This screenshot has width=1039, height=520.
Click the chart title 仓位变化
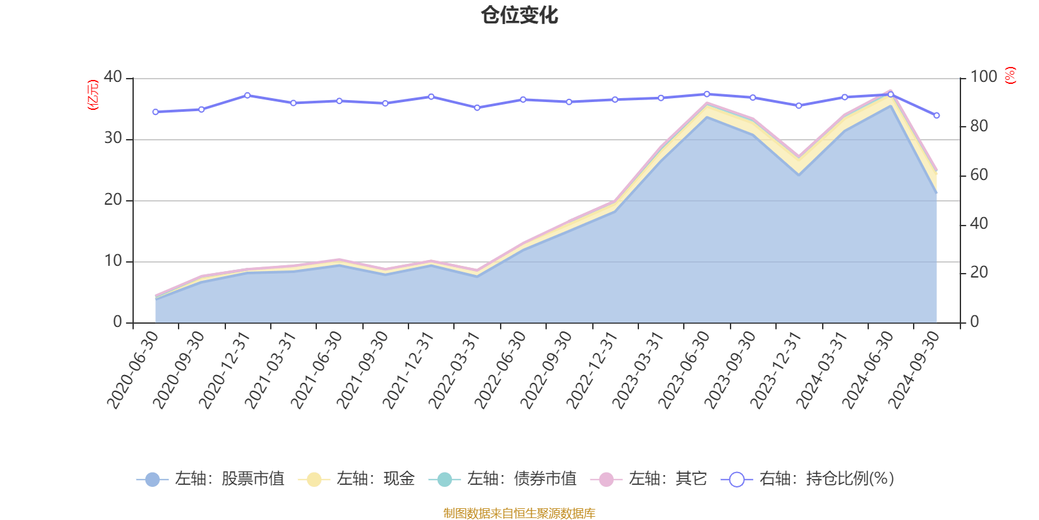coord(519,15)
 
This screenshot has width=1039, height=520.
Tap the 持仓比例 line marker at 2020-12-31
coord(247,96)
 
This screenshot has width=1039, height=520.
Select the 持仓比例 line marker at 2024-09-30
coord(936,116)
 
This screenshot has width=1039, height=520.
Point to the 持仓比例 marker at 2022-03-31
coord(477,108)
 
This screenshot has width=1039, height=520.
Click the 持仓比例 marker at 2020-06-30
coord(155,112)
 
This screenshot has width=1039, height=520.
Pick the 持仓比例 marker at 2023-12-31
coord(799,105)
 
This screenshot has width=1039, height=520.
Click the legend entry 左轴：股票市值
coord(210,479)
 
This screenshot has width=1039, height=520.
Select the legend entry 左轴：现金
coord(357,479)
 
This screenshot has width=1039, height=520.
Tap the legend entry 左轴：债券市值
coord(503,479)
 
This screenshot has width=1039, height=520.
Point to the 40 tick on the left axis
coord(113,77)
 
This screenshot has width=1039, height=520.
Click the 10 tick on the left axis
coord(113,261)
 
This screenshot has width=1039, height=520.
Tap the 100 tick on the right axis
coord(983,77)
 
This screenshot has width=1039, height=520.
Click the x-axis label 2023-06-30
coord(686,370)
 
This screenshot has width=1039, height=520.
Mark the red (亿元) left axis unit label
coord(94,95)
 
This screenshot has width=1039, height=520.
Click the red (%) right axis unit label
coord(1010,75)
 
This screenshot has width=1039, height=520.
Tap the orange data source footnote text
coord(519,513)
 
